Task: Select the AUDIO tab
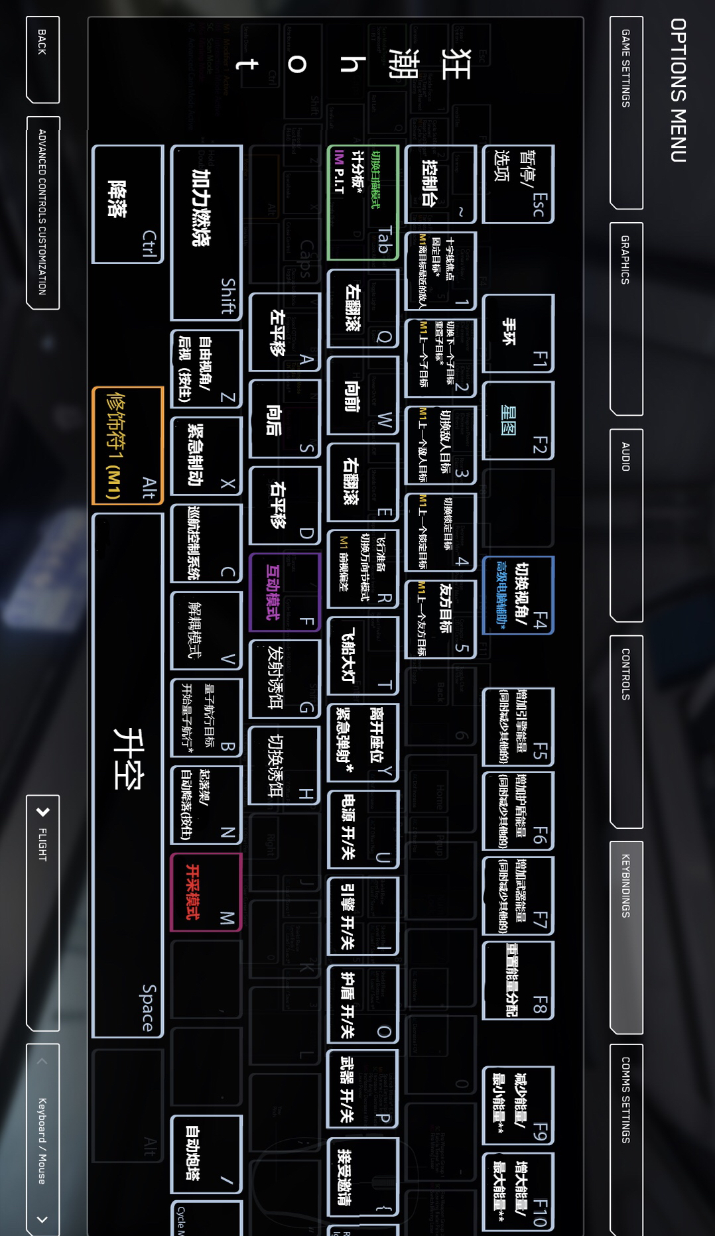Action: pos(625,457)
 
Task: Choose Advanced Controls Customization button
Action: pos(42,212)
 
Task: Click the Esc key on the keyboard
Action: pos(518,184)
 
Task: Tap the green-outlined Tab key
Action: pos(363,202)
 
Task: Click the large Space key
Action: pos(127,774)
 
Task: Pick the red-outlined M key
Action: pos(206,892)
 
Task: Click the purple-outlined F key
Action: pos(284,592)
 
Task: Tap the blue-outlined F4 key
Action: pos(518,595)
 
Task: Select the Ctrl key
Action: pos(127,204)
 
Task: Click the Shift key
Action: pos(206,232)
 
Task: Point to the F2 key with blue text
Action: pos(518,420)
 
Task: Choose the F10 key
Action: pos(518,1192)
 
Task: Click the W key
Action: pos(363,395)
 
